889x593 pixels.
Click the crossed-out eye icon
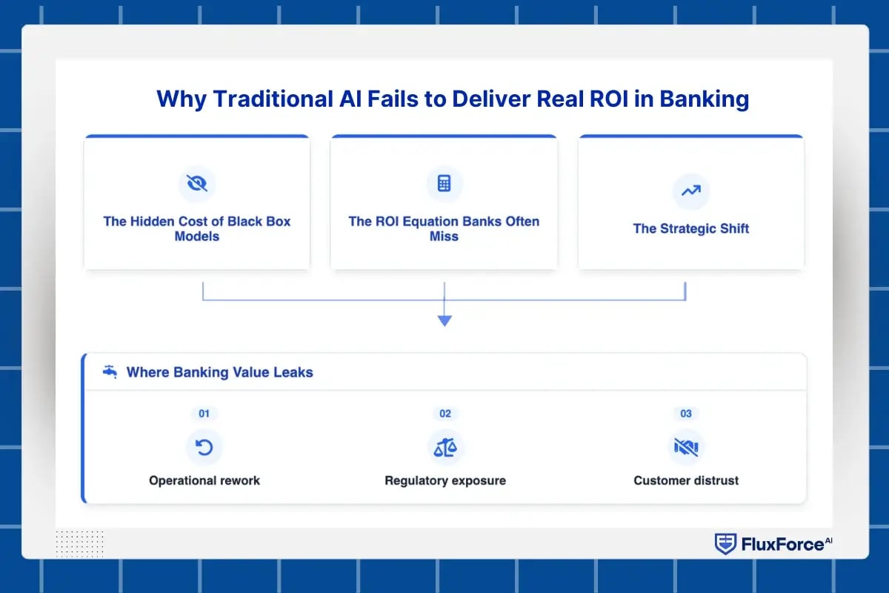(x=197, y=183)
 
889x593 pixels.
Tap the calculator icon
(x=444, y=183)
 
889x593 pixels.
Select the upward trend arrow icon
(x=690, y=191)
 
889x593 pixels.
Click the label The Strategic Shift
(x=690, y=228)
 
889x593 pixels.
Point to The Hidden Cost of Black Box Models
(x=197, y=228)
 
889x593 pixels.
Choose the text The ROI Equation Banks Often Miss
(x=444, y=228)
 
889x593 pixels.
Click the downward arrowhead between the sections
(x=444, y=320)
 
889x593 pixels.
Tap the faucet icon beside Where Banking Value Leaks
(x=110, y=371)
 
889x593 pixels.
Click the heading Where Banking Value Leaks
(x=219, y=372)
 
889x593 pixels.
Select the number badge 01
(x=204, y=414)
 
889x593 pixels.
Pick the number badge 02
(x=445, y=414)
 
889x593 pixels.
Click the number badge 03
(x=686, y=414)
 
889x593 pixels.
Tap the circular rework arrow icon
(x=204, y=447)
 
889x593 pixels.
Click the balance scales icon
(x=445, y=447)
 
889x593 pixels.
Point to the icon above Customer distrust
(x=686, y=447)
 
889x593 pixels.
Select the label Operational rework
(x=204, y=480)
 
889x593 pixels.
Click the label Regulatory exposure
(x=445, y=480)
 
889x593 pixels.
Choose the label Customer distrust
(x=686, y=480)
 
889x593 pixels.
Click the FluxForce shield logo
(x=725, y=544)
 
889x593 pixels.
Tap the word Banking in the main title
(x=704, y=99)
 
